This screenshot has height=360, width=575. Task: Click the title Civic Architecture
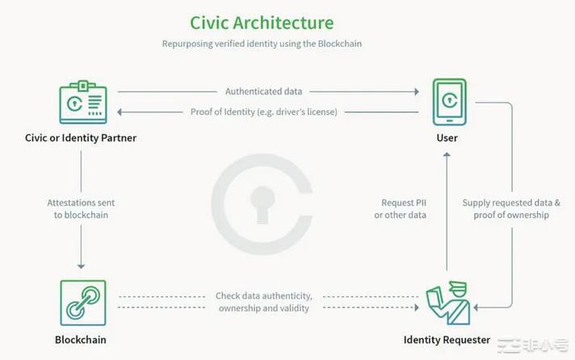pyautogui.click(x=262, y=23)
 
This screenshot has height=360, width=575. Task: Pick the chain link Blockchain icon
pyautogui.click(x=82, y=303)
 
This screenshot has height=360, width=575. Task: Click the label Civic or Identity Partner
pyautogui.click(x=81, y=138)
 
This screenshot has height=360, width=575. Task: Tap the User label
pyautogui.click(x=447, y=138)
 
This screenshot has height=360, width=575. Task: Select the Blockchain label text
pyautogui.click(x=81, y=340)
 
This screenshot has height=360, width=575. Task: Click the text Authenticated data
pyautogui.click(x=263, y=91)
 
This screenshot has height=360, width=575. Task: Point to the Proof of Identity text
pyautogui.click(x=264, y=111)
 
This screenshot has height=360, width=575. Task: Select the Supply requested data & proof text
pyautogui.click(x=510, y=209)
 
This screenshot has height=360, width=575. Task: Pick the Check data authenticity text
pyautogui.click(x=263, y=302)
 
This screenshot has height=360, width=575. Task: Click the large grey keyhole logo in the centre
pyautogui.click(x=261, y=202)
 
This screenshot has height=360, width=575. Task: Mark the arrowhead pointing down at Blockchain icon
pyautogui.click(x=81, y=266)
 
